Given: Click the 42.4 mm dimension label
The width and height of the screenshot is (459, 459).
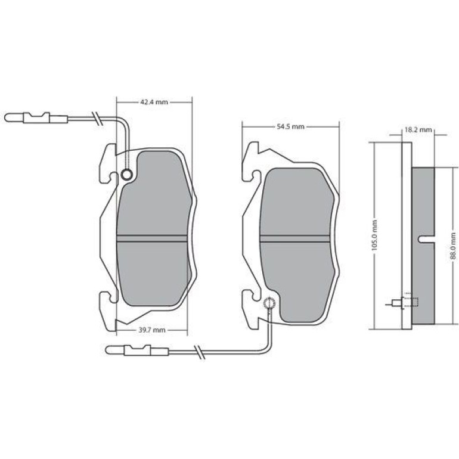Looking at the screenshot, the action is click(x=154, y=102).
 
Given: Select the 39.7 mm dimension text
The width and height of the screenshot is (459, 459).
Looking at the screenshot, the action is click(x=152, y=330).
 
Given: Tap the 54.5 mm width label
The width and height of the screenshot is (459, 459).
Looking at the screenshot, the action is click(x=290, y=127).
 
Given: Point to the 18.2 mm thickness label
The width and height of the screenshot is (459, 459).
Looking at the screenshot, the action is click(x=418, y=129).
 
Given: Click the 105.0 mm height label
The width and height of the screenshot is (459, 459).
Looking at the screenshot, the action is click(x=374, y=235).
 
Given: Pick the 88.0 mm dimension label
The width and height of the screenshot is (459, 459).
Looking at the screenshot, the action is click(x=453, y=246).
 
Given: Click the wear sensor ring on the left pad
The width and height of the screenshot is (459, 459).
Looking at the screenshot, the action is click(x=127, y=175).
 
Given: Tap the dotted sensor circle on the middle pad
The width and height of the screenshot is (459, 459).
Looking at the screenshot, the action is click(x=269, y=303).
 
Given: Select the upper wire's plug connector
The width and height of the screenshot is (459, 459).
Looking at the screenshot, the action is click(x=36, y=117).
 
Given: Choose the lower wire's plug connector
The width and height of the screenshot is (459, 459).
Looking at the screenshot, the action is click(x=137, y=350).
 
